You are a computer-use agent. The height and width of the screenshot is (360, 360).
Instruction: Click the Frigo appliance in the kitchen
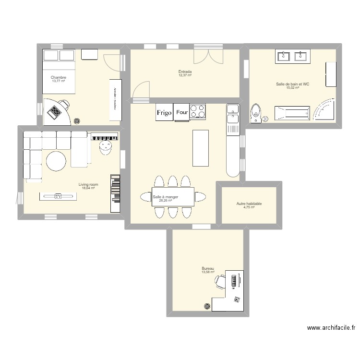(164, 112)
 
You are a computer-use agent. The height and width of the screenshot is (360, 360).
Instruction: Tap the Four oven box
(182, 112)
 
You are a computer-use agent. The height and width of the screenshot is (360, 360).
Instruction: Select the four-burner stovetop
(198, 111)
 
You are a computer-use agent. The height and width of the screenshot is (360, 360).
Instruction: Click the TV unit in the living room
(58, 196)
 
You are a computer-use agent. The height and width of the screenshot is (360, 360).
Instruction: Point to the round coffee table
(56, 161)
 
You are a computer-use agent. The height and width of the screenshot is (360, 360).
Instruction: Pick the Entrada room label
(185, 72)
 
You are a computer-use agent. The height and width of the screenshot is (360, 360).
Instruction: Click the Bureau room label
(208, 269)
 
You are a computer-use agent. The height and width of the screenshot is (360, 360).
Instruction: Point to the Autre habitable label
(249, 204)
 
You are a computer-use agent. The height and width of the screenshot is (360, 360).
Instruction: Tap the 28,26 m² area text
(166, 201)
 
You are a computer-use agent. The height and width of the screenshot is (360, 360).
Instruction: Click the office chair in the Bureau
(220, 281)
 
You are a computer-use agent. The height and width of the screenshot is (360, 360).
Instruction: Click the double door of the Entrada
(208, 57)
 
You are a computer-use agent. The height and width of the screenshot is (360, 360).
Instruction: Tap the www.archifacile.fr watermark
(331, 328)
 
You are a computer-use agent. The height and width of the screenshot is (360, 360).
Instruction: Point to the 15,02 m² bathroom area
(292, 88)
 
